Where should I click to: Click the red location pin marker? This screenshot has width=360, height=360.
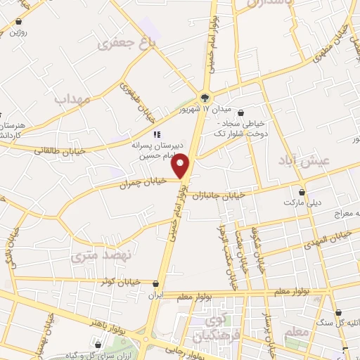(x=181, y=165)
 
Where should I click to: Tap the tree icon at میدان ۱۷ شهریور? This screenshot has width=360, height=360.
(x=205, y=98)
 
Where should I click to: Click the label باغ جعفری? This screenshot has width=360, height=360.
(x=127, y=44)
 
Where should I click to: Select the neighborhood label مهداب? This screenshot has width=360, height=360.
(x=72, y=100)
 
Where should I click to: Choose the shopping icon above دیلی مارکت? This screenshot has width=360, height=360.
(x=302, y=191)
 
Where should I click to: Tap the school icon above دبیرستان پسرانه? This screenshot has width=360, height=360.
(x=157, y=134)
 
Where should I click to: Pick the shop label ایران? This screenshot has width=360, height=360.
(x=155, y=296)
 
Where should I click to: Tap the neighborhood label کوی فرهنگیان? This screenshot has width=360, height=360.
(x=208, y=327)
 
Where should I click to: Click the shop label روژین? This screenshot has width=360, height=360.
(x=19, y=32)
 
